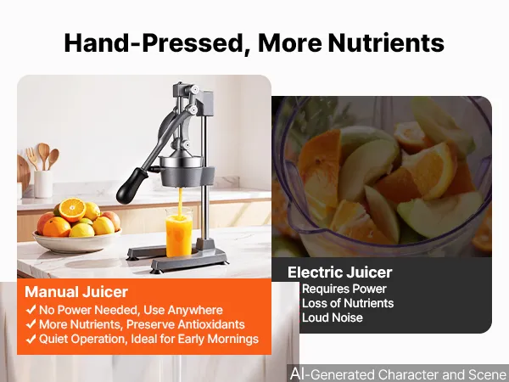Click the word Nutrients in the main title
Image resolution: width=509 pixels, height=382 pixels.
[x=386, y=43]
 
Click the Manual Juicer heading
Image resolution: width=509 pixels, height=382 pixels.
[x=76, y=292]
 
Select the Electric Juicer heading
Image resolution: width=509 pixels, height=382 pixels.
[x=340, y=272]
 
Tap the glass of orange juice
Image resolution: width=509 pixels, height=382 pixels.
[x=178, y=233]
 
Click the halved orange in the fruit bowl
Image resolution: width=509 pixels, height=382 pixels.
[x=72, y=210]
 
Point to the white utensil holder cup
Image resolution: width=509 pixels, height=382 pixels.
[x=43, y=184]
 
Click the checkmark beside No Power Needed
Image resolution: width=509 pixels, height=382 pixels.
[x=31, y=310]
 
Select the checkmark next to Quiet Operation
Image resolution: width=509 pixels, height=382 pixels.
[x=31, y=339]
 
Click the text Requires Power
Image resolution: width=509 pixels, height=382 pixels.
[x=344, y=289]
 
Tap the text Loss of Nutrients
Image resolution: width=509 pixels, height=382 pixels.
[x=348, y=303]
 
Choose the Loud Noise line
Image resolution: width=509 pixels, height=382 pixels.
[x=332, y=317]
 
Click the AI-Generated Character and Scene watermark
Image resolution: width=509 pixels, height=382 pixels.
[x=399, y=374]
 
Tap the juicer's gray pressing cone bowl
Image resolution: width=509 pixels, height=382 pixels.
[x=187, y=171]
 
